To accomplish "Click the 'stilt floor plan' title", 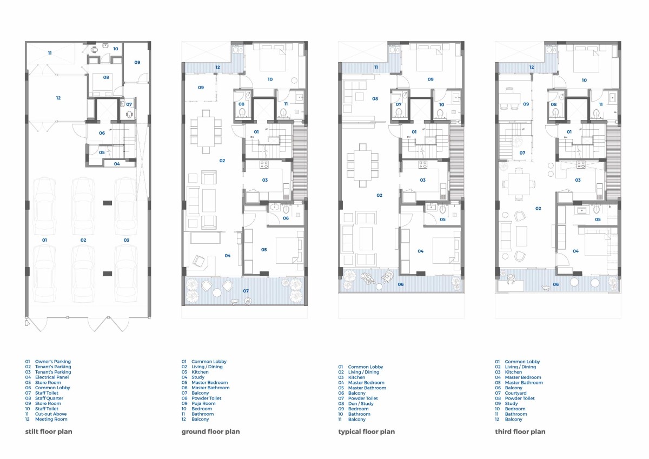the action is coord(49,431).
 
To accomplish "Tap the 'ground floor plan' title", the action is coord(210,431).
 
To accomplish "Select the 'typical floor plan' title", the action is coord(367,431).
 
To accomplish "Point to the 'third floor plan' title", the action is coord(520,431).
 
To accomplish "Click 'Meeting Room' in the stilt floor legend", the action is coord(51,419).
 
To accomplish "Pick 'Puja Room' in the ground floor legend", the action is coord(203,403).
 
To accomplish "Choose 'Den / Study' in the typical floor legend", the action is coord(361,403).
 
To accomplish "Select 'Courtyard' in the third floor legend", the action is coord(515,393).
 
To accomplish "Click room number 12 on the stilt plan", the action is coord(58,98).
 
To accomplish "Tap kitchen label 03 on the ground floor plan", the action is coord(265,180).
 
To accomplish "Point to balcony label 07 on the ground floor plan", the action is coord(246,291).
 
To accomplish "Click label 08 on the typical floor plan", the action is coord(375,99).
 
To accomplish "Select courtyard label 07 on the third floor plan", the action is coord(522,153).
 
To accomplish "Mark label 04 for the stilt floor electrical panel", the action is coord(117,164).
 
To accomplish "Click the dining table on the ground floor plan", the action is coord(206,131).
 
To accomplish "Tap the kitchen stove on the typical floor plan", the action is coord(423,165).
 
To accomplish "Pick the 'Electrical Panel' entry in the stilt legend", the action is coord(52,377).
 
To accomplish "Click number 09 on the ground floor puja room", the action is coord(201,88).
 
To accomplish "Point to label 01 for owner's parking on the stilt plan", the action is coord(44,240).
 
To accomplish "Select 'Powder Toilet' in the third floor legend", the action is coord(520,398).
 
